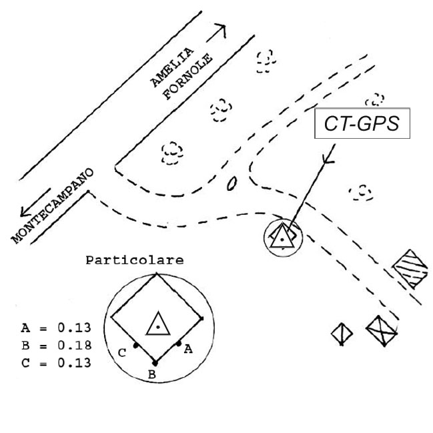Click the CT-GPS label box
tap(362, 123)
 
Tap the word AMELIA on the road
tap(172, 67)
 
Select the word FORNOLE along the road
tap(187, 76)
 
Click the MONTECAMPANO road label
tap(53, 206)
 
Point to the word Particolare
tap(135, 260)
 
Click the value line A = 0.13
tap(56, 328)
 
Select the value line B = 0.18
tap(56, 345)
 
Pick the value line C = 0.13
tap(56, 362)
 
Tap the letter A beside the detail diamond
tap(188, 350)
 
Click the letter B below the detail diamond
tap(152, 374)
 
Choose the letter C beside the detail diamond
tap(122, 353)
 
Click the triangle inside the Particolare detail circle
tap(158, 324)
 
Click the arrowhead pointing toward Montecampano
tap(25, 211)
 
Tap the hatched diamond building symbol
tap(410, 270)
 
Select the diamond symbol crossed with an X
tap(382, 330)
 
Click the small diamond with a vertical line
tap(342, 334)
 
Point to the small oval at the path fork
tap(232, 183)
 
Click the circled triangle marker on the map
tap(283, 238)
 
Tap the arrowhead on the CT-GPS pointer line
tap(328, 159)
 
